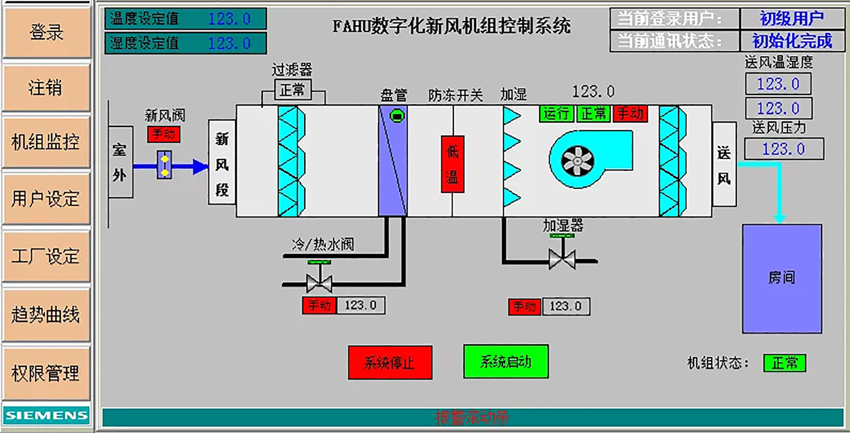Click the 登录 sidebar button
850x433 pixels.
click(46, 32)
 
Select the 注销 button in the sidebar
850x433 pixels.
click(46, 87)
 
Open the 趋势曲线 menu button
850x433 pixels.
click(46, 314)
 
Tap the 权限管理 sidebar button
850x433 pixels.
click(46, 373)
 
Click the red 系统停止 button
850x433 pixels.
click(390, 362)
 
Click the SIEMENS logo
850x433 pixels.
click(46, 415)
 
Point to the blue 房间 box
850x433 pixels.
click(782, 278)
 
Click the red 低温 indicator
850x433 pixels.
click(452, 164)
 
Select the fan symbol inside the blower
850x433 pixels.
click(577, 160)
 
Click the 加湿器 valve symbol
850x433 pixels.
click(562, 259)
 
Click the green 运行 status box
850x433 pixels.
click(556, 114)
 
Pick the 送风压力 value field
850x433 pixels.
click(784, 149)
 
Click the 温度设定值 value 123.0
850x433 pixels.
click(229, 19)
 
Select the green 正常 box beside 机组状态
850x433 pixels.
click(784, 363)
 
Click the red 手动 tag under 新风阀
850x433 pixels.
click(163, 134)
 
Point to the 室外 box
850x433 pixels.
click(120, 162)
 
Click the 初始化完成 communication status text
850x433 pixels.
click(792, 41)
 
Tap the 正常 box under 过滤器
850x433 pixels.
click(292, 90)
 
